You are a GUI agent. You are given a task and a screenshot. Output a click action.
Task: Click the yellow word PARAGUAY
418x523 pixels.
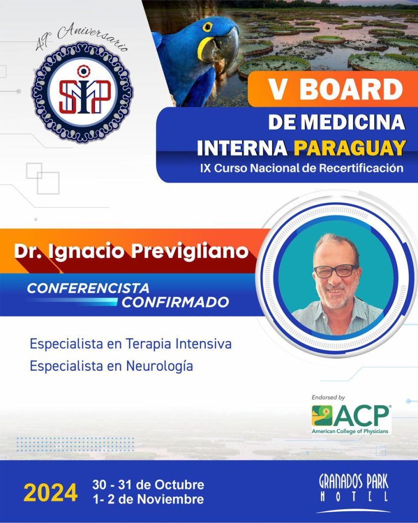[350, 148]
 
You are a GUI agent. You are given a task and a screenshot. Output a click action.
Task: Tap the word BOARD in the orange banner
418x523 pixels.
[351, 89]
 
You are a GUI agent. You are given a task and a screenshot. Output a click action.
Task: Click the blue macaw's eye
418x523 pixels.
[207, 27]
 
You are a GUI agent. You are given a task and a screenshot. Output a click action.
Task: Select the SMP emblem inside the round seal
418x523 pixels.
[84, 92]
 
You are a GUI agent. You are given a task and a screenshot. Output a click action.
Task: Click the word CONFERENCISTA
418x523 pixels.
[88, 288]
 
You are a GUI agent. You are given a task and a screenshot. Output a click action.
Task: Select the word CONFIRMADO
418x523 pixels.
[176, 302]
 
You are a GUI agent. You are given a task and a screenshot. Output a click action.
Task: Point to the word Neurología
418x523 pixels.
[159, 366]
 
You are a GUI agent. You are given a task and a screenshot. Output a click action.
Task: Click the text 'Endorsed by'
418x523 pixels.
[328, 397]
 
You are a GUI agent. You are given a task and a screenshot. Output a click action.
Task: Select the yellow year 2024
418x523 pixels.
[51, 493]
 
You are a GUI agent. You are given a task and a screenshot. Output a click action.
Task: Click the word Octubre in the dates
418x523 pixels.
[179, 484]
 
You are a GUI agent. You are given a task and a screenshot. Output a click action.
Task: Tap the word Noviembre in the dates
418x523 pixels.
[170, 500]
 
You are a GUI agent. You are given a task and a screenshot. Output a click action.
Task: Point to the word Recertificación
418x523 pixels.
[361, 168]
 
